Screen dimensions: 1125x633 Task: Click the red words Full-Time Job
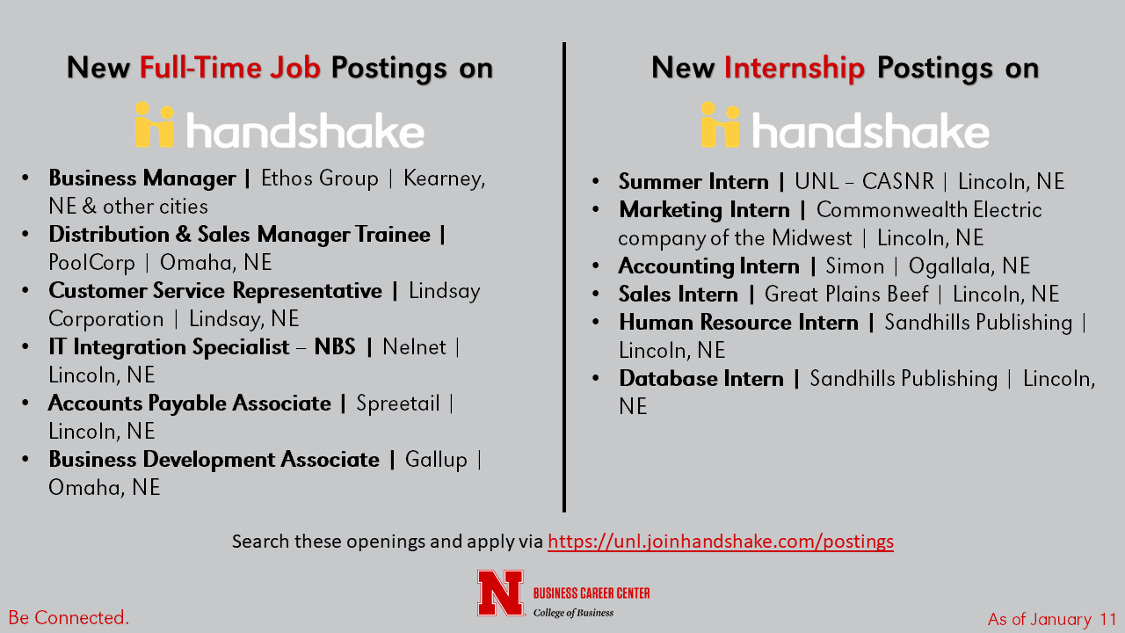(x=230, y=68)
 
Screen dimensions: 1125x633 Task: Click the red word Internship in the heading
(x=794, y=69)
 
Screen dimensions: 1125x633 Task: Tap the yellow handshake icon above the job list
(x=154, y=125)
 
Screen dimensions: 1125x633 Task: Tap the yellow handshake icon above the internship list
(x=720, y=125)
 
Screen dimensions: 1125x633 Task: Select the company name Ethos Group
(x=319, y=178)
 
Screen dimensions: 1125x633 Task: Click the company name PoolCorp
(x=92, y=263)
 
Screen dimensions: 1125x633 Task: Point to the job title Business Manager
(x=142, y=178)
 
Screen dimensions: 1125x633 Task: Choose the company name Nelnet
(x=414, y=347)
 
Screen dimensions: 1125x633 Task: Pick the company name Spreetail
(x=398, y=404)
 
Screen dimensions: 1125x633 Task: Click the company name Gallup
(x=436, y=460)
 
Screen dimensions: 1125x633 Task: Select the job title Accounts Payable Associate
(x=190, y=404)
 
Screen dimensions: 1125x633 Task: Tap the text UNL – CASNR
(x=864, y=181)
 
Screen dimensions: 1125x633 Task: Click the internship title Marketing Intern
(x=704, y=210)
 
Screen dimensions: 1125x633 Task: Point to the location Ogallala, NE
(x=969, y=266)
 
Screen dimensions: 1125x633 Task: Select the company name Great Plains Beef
(x=846, y=295)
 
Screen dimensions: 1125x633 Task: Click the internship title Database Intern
(x=701, y=379)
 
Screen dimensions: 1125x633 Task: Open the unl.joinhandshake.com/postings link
(x=721, y=542)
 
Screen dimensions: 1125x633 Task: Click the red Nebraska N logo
(x=501, y=593)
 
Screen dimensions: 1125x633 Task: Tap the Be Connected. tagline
(x=69, y=618)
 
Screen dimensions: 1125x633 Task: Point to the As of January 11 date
(x=1052, y=620)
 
